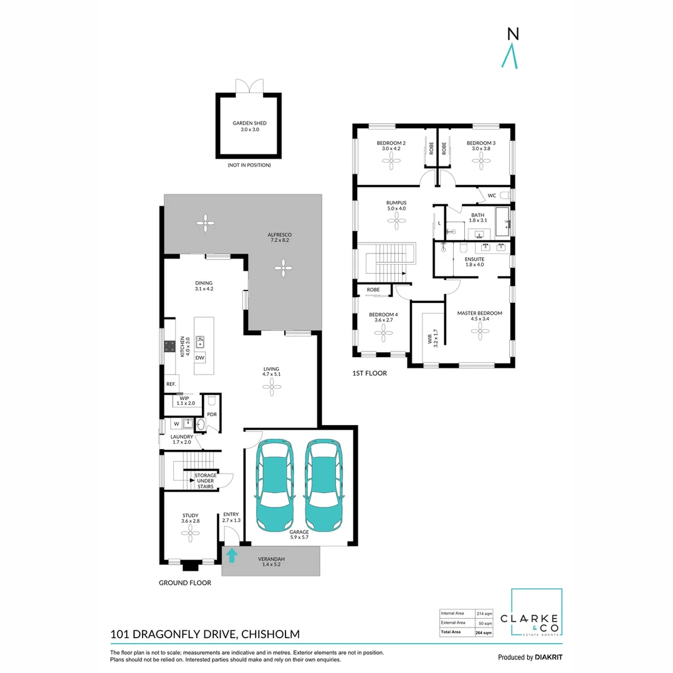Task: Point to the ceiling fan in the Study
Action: [190, 531]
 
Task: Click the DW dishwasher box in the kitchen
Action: [200, 358]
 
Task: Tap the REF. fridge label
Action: [171, 384]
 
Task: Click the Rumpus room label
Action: [396, 205]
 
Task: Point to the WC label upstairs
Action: [492, 196]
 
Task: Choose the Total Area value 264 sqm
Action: [484, 632]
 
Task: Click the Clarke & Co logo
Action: [537, 613]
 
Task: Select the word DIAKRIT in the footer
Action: [551, 657]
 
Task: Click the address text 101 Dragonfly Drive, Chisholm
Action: [205, 634]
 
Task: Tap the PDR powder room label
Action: [211, 414]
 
